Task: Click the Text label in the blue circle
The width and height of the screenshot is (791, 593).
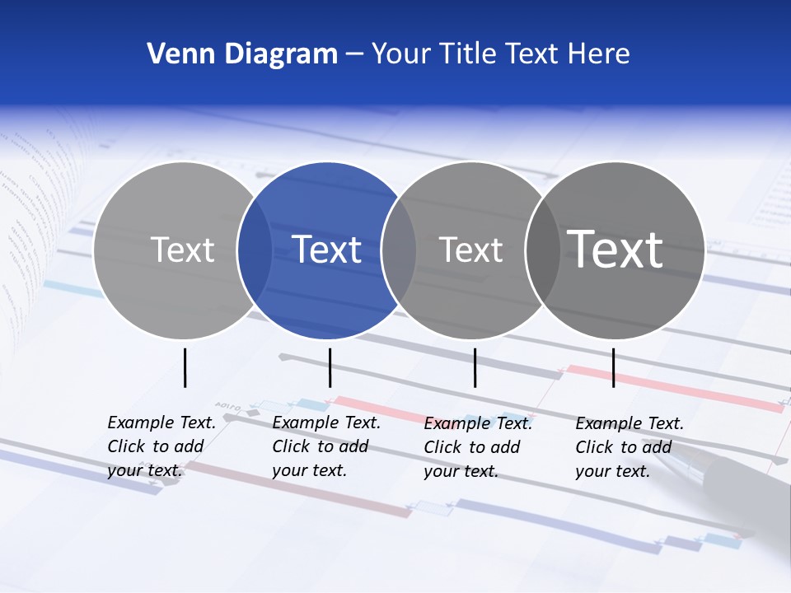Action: pos(326,250)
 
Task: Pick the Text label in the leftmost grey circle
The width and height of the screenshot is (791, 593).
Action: pos(182,250)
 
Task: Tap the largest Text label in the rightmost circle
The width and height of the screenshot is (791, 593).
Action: pos(615,250)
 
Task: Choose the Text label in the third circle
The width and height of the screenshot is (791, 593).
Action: pos(470,250)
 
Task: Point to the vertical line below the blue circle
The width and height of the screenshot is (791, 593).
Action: pos(330,367)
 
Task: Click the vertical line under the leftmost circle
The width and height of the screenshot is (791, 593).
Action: pos(185,367)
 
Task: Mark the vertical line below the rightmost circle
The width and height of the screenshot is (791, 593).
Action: pos(613,367)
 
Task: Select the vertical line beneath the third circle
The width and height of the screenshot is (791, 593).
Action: pos(475,367)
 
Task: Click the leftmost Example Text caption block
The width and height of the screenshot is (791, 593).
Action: pos(161,446)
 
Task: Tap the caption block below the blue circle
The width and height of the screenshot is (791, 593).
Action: pos(325,446)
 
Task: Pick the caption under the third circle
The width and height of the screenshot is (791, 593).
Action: pos(478,447)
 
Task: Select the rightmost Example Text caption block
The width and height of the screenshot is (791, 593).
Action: pos(629,447)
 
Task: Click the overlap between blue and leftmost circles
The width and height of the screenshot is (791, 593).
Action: pos(255,250)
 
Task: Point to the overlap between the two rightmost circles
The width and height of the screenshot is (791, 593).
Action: pos(542,250)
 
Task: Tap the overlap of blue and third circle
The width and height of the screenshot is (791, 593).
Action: pos(399,250)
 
